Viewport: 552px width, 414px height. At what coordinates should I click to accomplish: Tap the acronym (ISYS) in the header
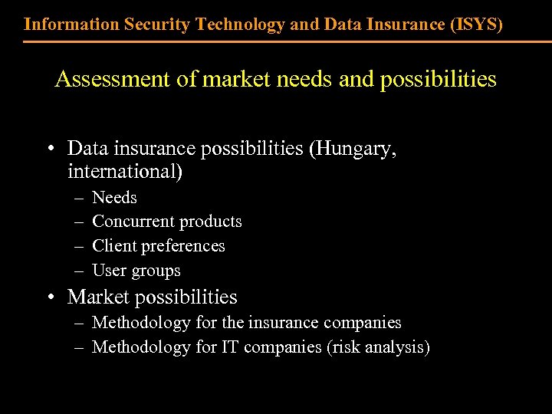478,24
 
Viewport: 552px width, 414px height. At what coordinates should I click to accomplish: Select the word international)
125,171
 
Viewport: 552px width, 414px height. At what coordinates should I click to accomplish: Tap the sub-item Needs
114,198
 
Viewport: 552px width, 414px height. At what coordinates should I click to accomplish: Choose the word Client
112,246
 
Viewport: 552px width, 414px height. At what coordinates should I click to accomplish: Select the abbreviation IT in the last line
230,347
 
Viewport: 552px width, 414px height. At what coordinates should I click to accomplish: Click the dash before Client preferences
78,247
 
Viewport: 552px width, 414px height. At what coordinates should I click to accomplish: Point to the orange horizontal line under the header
276,41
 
